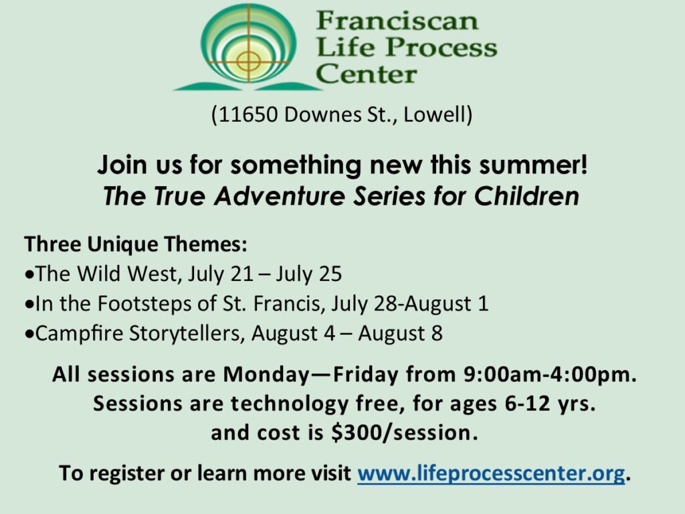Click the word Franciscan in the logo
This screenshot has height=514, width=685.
tap(397, 21)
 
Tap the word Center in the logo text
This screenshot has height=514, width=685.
tap(367, 73)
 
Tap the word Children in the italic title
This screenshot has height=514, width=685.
tap(526, 196)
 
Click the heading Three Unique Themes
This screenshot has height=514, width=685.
tap(135, 244)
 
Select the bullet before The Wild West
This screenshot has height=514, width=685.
tap(29, 275)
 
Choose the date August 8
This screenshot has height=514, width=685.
tap(400, 334)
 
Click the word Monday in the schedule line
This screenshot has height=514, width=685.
tap(266, 375)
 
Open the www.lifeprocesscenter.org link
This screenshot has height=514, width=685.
tap(491, 473)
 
